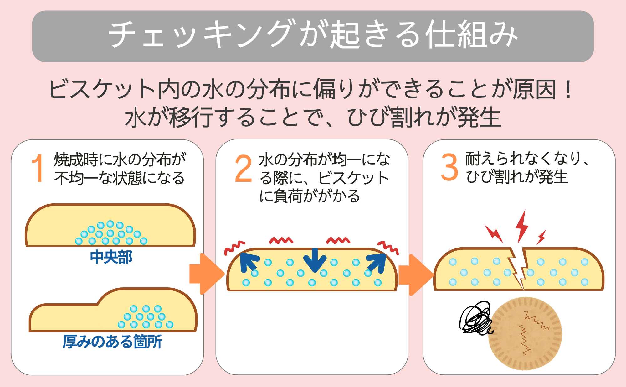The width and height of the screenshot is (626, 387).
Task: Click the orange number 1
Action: [x=38, y=168]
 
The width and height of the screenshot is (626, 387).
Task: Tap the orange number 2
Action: [x=244, y=169]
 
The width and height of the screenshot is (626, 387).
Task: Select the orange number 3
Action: [x=449, y=167]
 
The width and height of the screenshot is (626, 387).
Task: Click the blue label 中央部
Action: [x=111, y=257]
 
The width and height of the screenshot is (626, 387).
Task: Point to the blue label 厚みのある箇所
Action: [x=112, y=342]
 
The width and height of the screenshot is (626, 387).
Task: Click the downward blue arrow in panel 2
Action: [x=315, y=260]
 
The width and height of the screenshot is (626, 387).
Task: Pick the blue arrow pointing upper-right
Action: [x=377, y=263]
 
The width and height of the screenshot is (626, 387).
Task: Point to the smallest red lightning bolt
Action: [x=541, y=237]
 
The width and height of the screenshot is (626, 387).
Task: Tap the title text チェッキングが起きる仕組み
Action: [x=313, y=35]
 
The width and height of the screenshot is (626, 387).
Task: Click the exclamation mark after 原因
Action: [x=568, y=89]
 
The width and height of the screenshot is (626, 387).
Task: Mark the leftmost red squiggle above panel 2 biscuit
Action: [x=234, y=247]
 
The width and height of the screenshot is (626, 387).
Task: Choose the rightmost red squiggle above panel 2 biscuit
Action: [x=388, y=247]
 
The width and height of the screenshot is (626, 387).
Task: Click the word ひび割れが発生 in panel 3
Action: [x=516, y=177]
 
